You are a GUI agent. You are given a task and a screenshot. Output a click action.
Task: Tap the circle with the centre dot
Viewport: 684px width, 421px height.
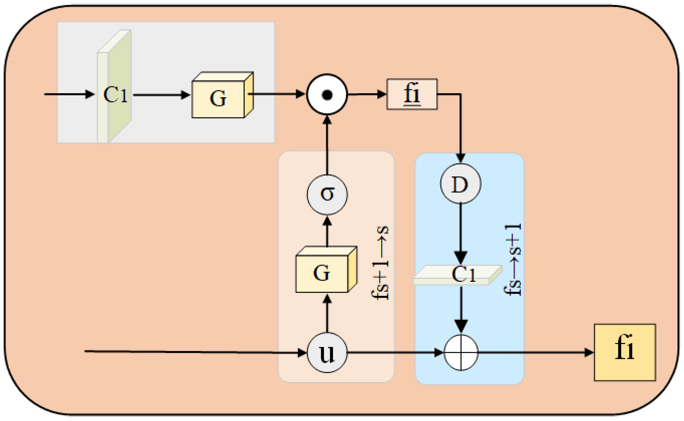click(327, 94)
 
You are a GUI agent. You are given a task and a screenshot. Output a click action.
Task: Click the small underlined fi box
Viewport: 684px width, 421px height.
click(412, 94)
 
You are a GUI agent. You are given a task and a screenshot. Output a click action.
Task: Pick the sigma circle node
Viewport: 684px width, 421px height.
click(327, 194)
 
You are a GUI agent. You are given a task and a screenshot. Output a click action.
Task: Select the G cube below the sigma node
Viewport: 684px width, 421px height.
click(323, 272)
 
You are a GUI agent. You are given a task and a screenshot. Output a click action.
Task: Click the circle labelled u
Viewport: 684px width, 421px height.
click(327, 352)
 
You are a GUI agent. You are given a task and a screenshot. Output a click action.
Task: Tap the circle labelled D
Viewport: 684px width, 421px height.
click(460, 183)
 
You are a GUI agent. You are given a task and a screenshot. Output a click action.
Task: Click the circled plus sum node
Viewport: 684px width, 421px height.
click(461, 352)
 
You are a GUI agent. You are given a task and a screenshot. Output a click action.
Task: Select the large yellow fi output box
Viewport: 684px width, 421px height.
click(625, 352)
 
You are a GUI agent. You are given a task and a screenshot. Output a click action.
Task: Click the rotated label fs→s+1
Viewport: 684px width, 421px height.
click(513, 260)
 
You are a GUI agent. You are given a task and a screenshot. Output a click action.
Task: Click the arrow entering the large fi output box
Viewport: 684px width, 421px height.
click(535, 352)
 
